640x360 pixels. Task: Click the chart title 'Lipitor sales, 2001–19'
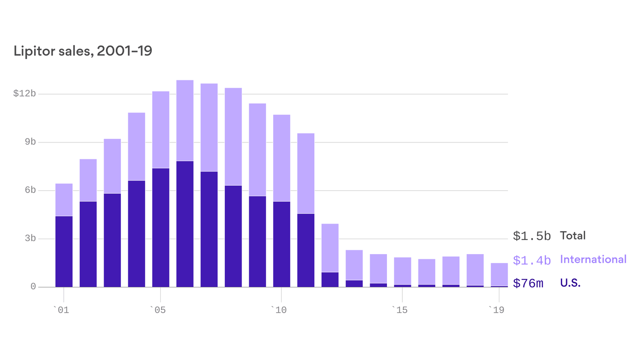tap(83, 51)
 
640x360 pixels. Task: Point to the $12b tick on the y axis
tap(24, 94)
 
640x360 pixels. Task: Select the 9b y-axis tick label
tap(30, 142)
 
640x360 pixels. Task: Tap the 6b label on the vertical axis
tap(30, 190)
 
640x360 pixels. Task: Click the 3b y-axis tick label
tap(30, 239)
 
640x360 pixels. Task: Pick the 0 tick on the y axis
tap(33, 286)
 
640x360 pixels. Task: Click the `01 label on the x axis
tap(61, 310)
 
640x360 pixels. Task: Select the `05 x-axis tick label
tap(157, 310)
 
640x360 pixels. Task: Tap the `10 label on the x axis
tap(278, 310)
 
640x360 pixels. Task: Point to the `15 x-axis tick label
tap(399, 310)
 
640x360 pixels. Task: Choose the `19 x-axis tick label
tap(496, 310)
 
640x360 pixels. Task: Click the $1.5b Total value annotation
tap(532, 236)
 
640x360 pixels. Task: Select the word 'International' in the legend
tap(593, 259)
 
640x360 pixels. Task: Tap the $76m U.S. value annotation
tap(528, 284)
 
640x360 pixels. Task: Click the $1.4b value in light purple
tap(532, 260)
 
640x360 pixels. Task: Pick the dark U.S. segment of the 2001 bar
tap(64, 251)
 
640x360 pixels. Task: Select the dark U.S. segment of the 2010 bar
tap(282, 244)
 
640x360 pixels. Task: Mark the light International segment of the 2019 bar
tap(499, 274)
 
